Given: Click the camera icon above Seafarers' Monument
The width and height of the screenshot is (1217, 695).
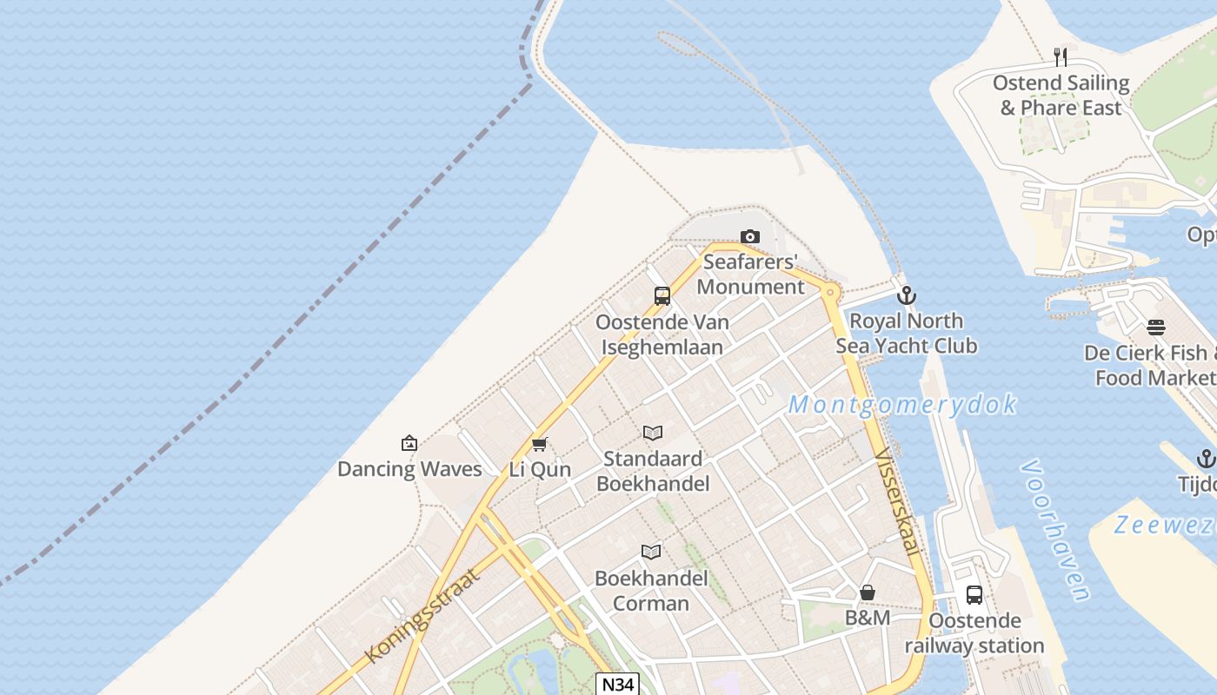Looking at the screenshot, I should pyautogui.click(x=749, y=236).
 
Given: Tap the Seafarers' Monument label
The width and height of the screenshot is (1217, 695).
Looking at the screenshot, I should pyautogui.click(x=750, y=275).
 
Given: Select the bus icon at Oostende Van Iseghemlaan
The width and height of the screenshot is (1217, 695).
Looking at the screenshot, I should pyautogui.click(x=662, y=296).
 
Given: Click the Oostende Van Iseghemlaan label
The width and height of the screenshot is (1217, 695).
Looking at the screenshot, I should pyautogui.click(x=662, y=334).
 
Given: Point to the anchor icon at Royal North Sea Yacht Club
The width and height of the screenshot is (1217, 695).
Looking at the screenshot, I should pyautogui.click(x=907, y=295).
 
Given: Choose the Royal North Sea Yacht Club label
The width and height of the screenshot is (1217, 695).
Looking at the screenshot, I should pyautogui.click(x=906, y=334).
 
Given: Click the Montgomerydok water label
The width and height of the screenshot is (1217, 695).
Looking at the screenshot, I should pyautogui.click(x=902, y=405).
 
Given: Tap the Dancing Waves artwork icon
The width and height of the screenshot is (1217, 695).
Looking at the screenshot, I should pyautogui.click(x=409, y=444).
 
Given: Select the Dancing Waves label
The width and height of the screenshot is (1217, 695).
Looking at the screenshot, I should pyautogui.click(x=409, y=469).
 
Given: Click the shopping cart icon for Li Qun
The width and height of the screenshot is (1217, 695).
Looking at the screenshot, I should pyautogui.click(x=539, y=445).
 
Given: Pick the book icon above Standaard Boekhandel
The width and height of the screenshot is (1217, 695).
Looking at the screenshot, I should pyautogui.click(x=653, y=433).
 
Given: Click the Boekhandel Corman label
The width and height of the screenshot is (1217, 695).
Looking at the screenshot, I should pyautogui.click(x=651, y=591).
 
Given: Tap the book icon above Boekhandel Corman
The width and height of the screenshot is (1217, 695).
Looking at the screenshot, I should pyautogui.click(x=651, y=552).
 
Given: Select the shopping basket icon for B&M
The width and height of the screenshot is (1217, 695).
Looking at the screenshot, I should pyautogui.click(x=868, y=592).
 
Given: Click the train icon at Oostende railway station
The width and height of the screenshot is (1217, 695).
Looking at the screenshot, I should pyautogui.click(x=974, y=595).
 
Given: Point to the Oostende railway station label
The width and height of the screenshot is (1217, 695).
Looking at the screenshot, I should pyautogui.click(x=974, y=633).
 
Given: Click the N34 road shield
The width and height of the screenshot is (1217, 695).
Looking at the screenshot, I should pyautogui.click(x=618, y=685).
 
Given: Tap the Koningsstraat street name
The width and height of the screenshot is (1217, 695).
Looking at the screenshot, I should pyautogui.click(x=423, y=615).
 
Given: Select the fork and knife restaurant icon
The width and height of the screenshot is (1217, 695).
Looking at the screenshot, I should pyautogui.click(x=1061, y=57).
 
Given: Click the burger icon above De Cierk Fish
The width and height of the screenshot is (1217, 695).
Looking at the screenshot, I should pyautogui.click(x=1156, y=328).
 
